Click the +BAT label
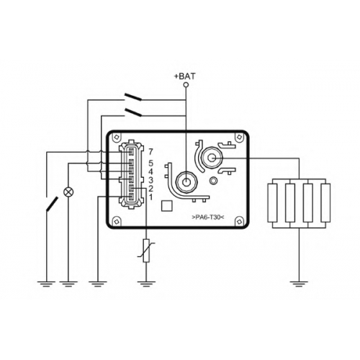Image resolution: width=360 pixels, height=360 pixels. coord(185,76)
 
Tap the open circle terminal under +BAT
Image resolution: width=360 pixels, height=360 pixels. coord(186,85)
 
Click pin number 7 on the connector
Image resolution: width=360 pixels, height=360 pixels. coord(150,152)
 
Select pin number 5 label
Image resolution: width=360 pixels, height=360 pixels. coord(150,163)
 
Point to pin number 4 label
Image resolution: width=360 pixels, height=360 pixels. coord(150,172)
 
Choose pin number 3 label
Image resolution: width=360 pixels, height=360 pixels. coord(150,180)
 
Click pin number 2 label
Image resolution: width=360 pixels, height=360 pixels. coord(150,189)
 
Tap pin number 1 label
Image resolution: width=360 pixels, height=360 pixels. coord(150,197)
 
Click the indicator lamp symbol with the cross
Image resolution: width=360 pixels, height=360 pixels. coord(68,192)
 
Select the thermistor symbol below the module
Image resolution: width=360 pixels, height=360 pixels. coord(146,251)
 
